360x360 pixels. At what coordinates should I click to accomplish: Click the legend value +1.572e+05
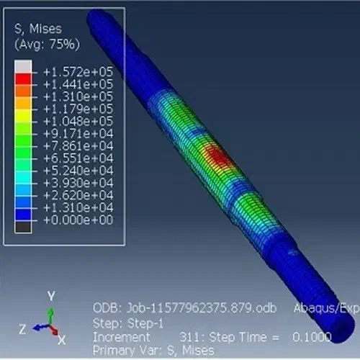pyautogui.click(x=78, y=72)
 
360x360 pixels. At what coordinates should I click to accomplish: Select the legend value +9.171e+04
pyautogui.click(x=78, y=133)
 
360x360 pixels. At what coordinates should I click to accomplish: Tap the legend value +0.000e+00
pyautogui.click(x=78, y=220)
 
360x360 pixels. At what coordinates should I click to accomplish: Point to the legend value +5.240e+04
pyautogui.click(x=78, y=171)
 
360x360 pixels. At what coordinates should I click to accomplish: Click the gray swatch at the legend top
pyautogui.click(x=23, y=66)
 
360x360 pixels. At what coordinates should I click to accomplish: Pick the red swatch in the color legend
pyautogui.click(x=23, y=78)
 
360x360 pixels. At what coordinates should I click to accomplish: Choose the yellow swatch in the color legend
pyautogui.click(x=23, y=116)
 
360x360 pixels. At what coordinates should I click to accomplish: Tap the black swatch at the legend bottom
pyautogui.click(x=23, y=227)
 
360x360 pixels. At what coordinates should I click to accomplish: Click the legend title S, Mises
pyautogui.click(x=38, y=29)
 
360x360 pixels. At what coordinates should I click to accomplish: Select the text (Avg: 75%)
pyautogui.click(x=47, y=44)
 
